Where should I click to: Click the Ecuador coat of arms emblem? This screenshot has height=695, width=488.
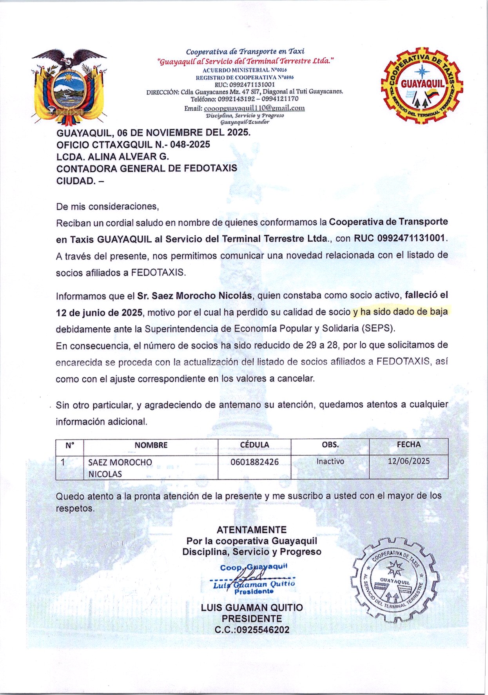pos(69,85)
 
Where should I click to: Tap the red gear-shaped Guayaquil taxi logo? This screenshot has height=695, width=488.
pos(422,85)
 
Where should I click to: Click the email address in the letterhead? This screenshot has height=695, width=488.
pos(254,108)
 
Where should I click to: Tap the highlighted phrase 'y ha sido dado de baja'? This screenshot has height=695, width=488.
pos(400,312)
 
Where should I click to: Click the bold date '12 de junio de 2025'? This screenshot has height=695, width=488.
pos(99,313)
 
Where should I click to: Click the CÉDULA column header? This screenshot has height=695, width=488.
pos(254,445)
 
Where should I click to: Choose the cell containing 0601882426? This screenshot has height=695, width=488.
pos(254,462)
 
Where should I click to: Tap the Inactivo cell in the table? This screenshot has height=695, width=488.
pos(330,462)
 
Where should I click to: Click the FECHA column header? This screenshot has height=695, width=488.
pos(408,445)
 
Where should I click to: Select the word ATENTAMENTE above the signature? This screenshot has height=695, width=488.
pos(251,530)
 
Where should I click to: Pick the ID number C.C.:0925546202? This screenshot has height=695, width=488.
pos(252,630)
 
